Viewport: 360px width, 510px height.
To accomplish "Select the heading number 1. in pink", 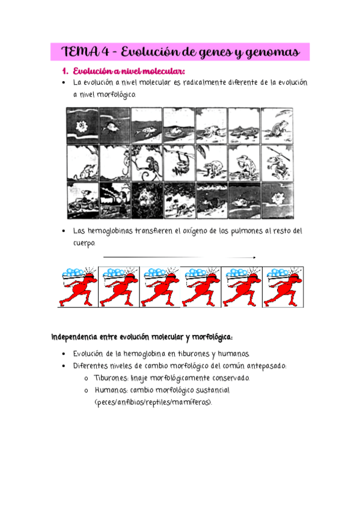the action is point(66,71).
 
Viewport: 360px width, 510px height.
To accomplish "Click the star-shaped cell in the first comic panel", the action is point(81,125).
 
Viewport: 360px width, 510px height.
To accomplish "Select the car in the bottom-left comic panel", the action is point(82,204).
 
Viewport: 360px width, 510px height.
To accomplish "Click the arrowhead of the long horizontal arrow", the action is point(254,257).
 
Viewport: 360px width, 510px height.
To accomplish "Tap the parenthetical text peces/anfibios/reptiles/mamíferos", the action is point(153,403).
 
